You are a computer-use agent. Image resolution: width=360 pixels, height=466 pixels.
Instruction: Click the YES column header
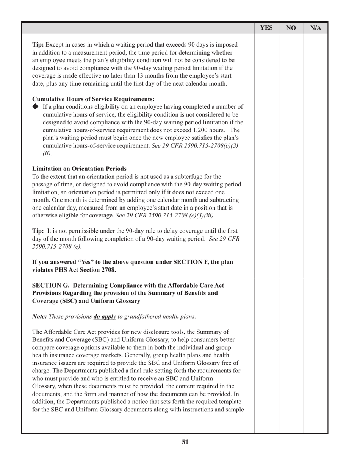tap(266, 28)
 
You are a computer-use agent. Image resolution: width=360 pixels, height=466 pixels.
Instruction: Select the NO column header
tap(291, 28)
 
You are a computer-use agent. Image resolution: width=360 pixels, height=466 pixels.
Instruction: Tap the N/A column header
tap(316, 28)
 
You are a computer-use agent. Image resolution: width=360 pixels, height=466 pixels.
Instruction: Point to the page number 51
tap(185, 442)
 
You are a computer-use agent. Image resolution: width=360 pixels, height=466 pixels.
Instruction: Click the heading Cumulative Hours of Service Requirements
tap(94, 100)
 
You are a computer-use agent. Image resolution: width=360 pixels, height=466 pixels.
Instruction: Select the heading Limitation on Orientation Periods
tap(80, 169)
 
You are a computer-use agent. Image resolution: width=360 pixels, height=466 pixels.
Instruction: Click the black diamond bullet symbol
tap(36, 107)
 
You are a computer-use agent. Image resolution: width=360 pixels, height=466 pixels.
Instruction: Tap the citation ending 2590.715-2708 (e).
tap(57, 247)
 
